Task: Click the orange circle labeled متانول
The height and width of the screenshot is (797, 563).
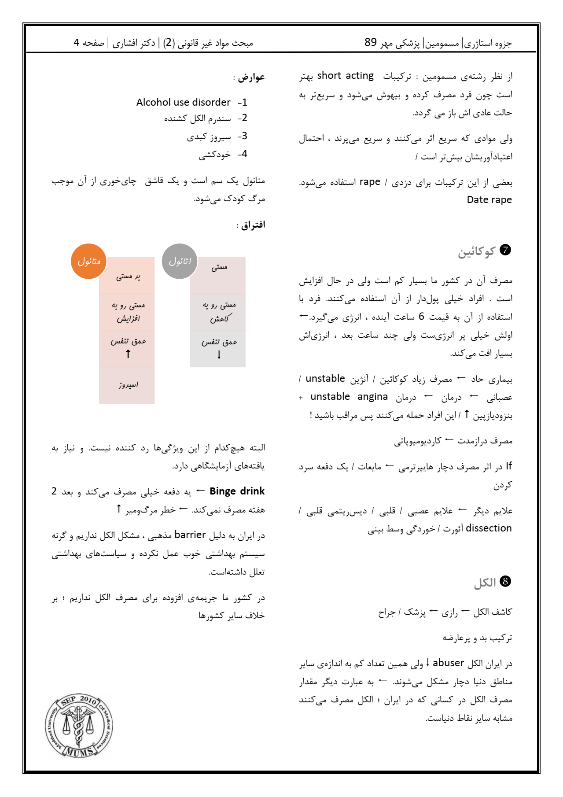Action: click(x=89, y=261)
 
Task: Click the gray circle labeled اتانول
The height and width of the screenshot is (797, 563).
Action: click(x=180, y=261)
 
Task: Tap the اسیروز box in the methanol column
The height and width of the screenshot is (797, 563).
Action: click(x=127, y=385)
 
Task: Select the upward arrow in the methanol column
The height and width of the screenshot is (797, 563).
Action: click(x=128, y=354)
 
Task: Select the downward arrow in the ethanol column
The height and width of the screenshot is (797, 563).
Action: click(x=219, y=355)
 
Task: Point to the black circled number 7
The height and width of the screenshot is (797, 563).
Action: click(x=506, y=250)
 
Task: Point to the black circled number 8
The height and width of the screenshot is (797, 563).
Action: click(x=506, y=582)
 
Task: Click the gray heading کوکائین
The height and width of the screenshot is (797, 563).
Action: click(x=476, y=251)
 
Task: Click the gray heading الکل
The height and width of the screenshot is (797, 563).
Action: click(x=485, y=583)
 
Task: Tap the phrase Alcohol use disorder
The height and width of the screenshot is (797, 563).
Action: click(x=183, y=102)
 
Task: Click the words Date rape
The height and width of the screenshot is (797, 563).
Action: click(x=489, y=199)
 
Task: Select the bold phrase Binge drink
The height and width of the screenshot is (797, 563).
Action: click(x=237, y=491)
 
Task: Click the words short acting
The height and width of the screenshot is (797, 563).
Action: click(x=345, y=76)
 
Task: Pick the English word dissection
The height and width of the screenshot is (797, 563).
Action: click(x=489, y=528)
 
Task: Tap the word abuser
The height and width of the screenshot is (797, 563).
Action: click(x=448, y=663)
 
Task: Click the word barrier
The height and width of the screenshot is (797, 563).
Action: click(x=190, y=535)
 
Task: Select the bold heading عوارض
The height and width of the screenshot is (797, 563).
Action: click(x=251, y=77)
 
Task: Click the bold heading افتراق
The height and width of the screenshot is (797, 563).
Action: click(x=253, y=225)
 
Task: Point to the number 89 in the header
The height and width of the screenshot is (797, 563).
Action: click(x=371, y=42)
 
